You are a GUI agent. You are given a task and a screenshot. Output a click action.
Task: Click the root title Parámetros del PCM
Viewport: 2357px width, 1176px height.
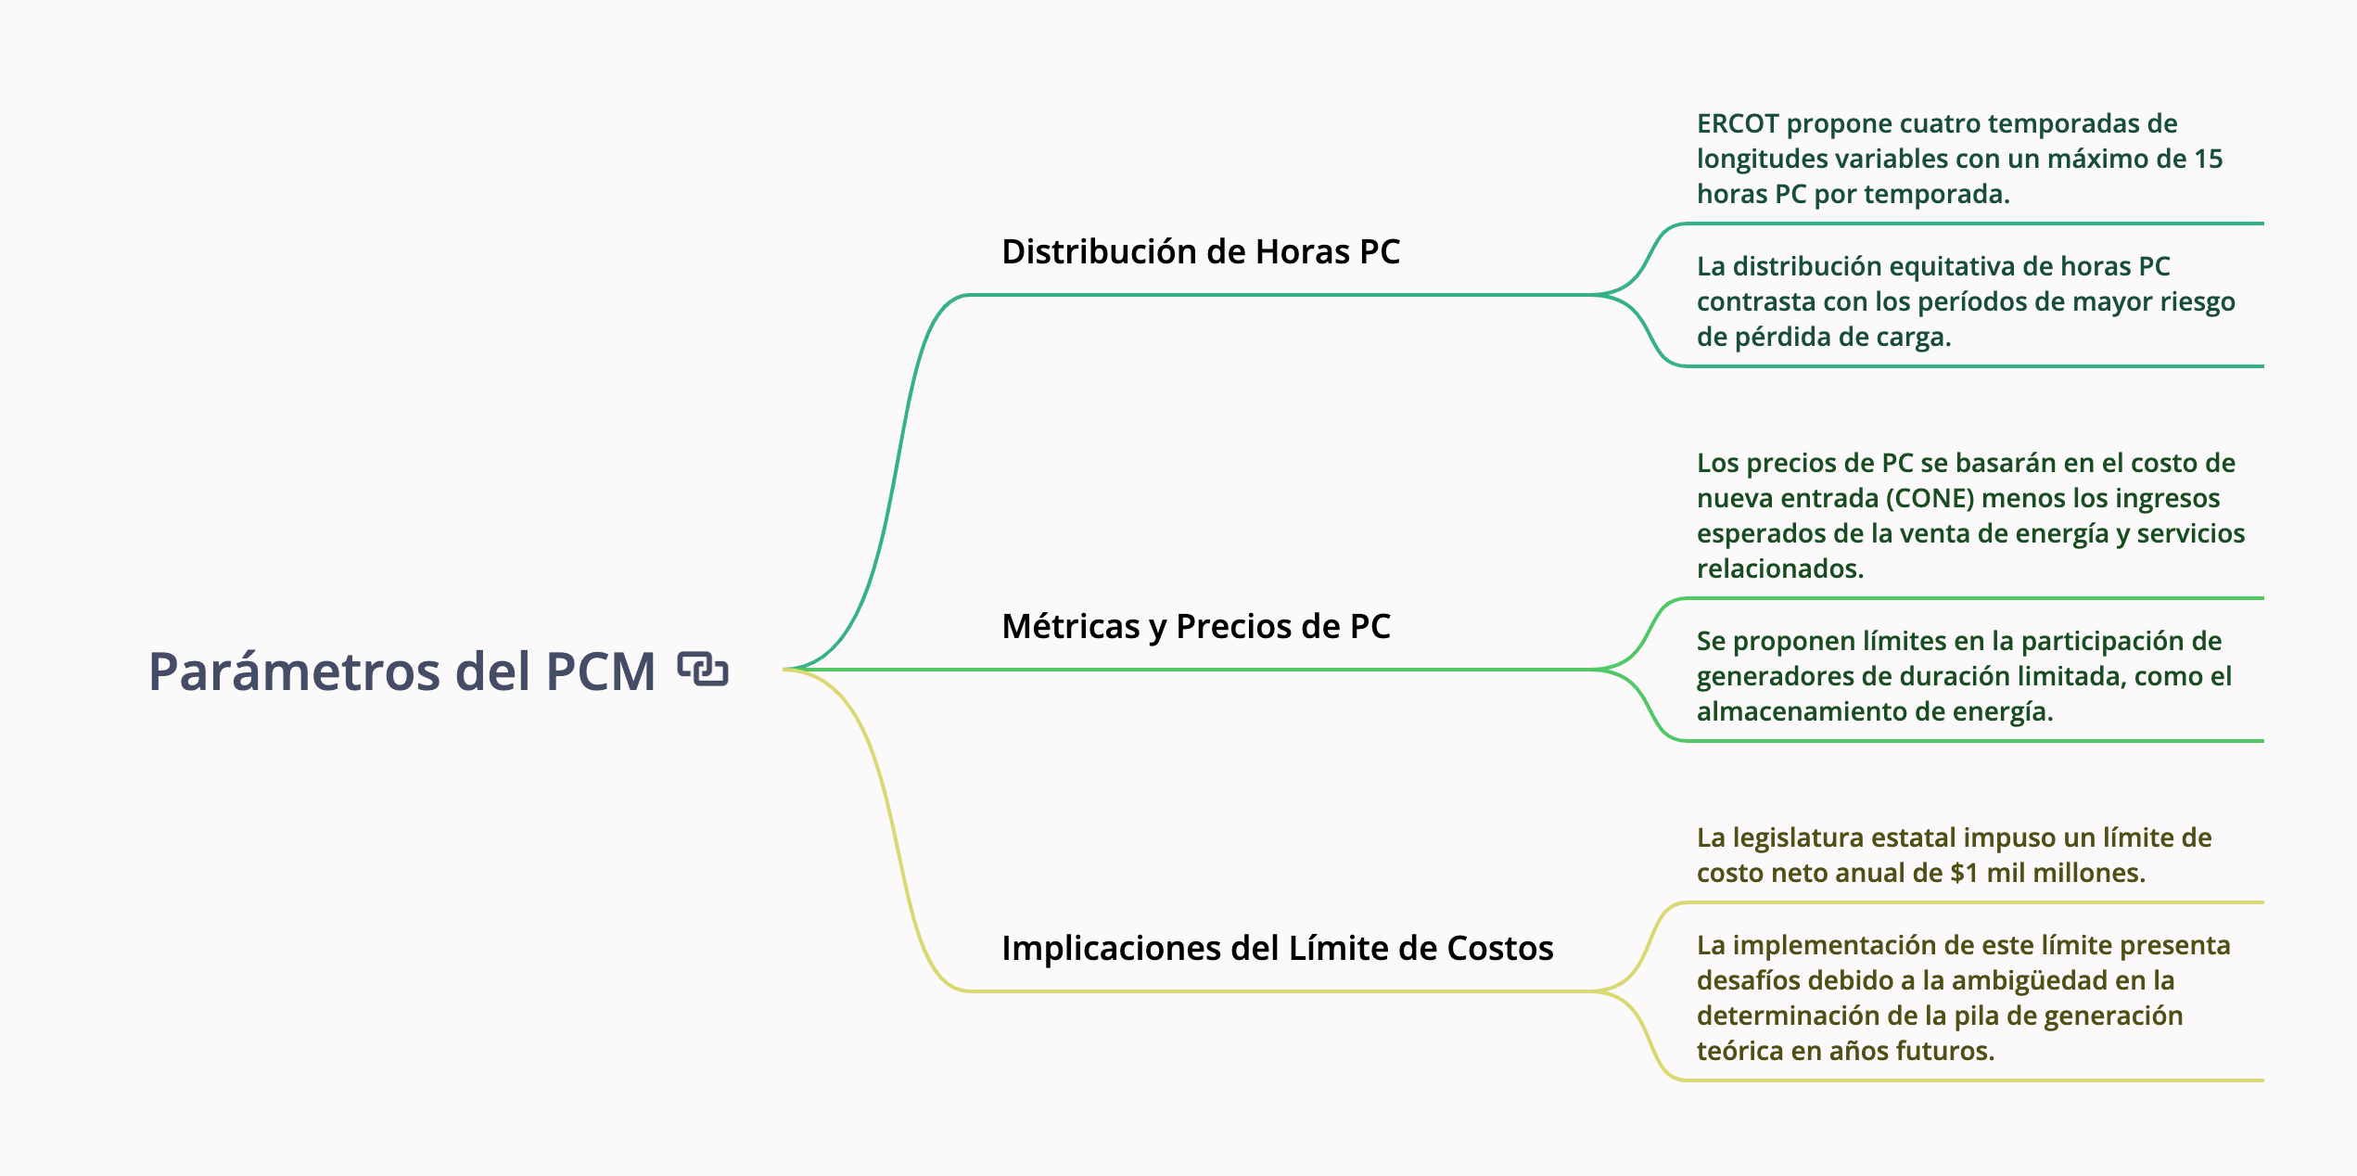click(x=401, y=671)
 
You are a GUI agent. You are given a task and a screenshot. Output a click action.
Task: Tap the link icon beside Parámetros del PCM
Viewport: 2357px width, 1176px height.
click(x=703, y=669)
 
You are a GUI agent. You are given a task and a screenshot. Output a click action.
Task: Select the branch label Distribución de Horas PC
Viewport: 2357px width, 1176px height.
click(x=1200, y=251)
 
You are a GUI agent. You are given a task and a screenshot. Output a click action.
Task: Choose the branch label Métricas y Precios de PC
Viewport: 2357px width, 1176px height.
click(x=1195, y=626)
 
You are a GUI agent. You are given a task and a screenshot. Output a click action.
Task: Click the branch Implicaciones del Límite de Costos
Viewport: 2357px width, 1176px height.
click(x=1277, y=948)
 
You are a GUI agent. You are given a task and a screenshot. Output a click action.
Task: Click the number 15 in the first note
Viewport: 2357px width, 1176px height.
click(x=2208, y=159)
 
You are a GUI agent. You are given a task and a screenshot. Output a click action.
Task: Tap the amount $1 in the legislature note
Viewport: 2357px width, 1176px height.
click(x=1964, y=873)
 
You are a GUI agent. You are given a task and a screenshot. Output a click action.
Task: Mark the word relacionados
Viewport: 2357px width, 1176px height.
click(x=1779, y=569)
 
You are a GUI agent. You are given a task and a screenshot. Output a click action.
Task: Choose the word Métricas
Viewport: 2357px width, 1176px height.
click(x=1070, y=626)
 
